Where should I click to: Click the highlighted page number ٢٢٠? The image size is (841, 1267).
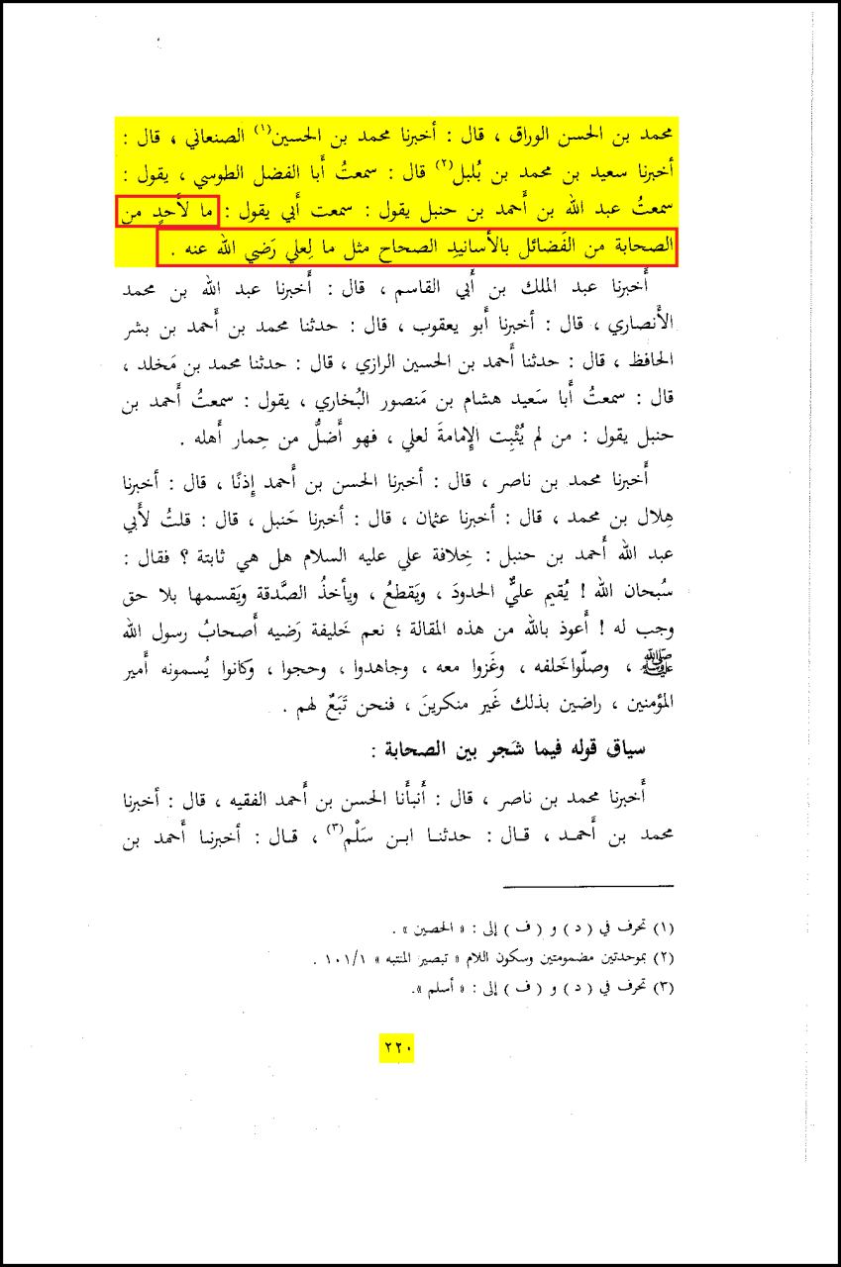(x=395, y=1045)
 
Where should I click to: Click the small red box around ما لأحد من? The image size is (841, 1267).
(x=165, y=212)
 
